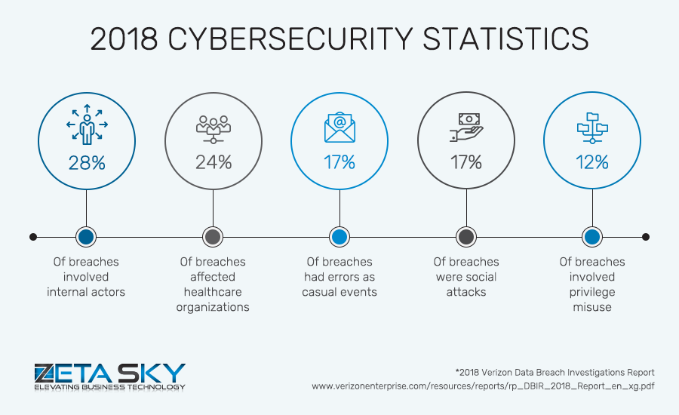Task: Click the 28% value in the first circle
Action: (x=87, y=161)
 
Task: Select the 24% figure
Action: (x=213, y=161)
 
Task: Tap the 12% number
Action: (x=592, y=161)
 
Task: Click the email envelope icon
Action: (x=339, y=128)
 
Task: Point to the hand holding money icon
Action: (x=466, y=128)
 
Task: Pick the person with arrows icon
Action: (x=87, y=124)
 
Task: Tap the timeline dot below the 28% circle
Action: (x=86, y=237)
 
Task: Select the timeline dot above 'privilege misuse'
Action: (x=592, y=237)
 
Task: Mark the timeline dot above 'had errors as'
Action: (x=339, y=237)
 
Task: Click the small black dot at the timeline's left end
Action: (x=33, y=237)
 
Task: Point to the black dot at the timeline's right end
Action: (x=646, y=237)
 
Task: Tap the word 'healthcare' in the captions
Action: (x=213, y=292)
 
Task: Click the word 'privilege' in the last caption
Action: (x=592, y=292)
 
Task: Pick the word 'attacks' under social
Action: (x=466, y=292)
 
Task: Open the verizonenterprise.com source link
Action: (x=483, y=386)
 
